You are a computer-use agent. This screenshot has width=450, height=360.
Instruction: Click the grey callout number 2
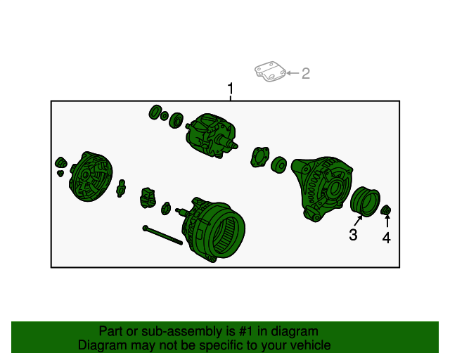[x=306, y=74]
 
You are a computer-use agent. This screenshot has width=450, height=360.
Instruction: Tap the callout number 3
[x=353, y=235]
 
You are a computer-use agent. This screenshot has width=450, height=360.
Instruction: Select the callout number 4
[x=387, y=238]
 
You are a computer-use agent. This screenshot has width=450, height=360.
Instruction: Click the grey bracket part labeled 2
[x=270, y=71]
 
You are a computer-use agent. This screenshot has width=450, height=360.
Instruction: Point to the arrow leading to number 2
[x=293, y=73]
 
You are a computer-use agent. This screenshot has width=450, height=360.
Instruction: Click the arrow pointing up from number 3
[x=359, y=220]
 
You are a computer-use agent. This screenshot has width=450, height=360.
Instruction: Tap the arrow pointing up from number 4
[x=387, y=221]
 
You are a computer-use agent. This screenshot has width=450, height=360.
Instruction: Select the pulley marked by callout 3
[x=365, y=202]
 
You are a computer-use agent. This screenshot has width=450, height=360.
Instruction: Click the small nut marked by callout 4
[x=386, y=210]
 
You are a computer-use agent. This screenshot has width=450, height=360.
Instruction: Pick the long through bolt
[x=162, y=235]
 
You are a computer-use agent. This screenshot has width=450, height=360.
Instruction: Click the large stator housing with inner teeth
[x=214, y=229]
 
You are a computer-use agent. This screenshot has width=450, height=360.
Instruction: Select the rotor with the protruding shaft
[x=211, y=135]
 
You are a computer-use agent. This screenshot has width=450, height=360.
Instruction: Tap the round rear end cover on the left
[x=91, y=176]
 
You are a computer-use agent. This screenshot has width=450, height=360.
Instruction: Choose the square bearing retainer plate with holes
[x=260, y=157]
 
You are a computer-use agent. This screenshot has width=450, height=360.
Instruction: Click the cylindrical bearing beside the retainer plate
[x=278, y=165]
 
